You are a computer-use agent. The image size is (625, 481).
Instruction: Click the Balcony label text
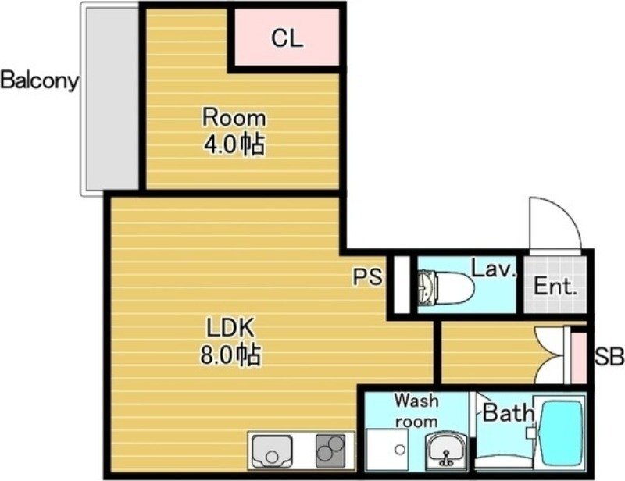tap(39, 81)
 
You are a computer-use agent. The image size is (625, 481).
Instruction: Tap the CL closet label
tap(287, 39)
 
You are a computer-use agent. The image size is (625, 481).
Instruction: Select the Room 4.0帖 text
tap(234, 131)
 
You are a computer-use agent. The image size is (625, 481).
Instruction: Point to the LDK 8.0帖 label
tap(230, 341)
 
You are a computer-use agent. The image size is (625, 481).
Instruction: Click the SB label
tap(610, 356)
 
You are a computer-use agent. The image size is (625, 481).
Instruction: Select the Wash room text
tap(416, 411)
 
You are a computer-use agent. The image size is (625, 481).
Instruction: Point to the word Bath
tap(509, 412)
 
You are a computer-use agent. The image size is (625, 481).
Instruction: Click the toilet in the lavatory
tap(445, 286)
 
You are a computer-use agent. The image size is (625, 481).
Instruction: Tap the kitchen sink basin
tap(273, 451)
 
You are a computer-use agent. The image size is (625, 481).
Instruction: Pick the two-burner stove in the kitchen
tap(330, 451)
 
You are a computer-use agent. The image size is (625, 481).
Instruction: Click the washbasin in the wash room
tap(445, 450)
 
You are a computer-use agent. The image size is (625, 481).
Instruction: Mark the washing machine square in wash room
tap(387, 450)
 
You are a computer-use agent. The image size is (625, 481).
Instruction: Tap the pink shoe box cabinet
tap(579, 358)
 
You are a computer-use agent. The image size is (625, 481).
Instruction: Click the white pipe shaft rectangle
tap(402, 284)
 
